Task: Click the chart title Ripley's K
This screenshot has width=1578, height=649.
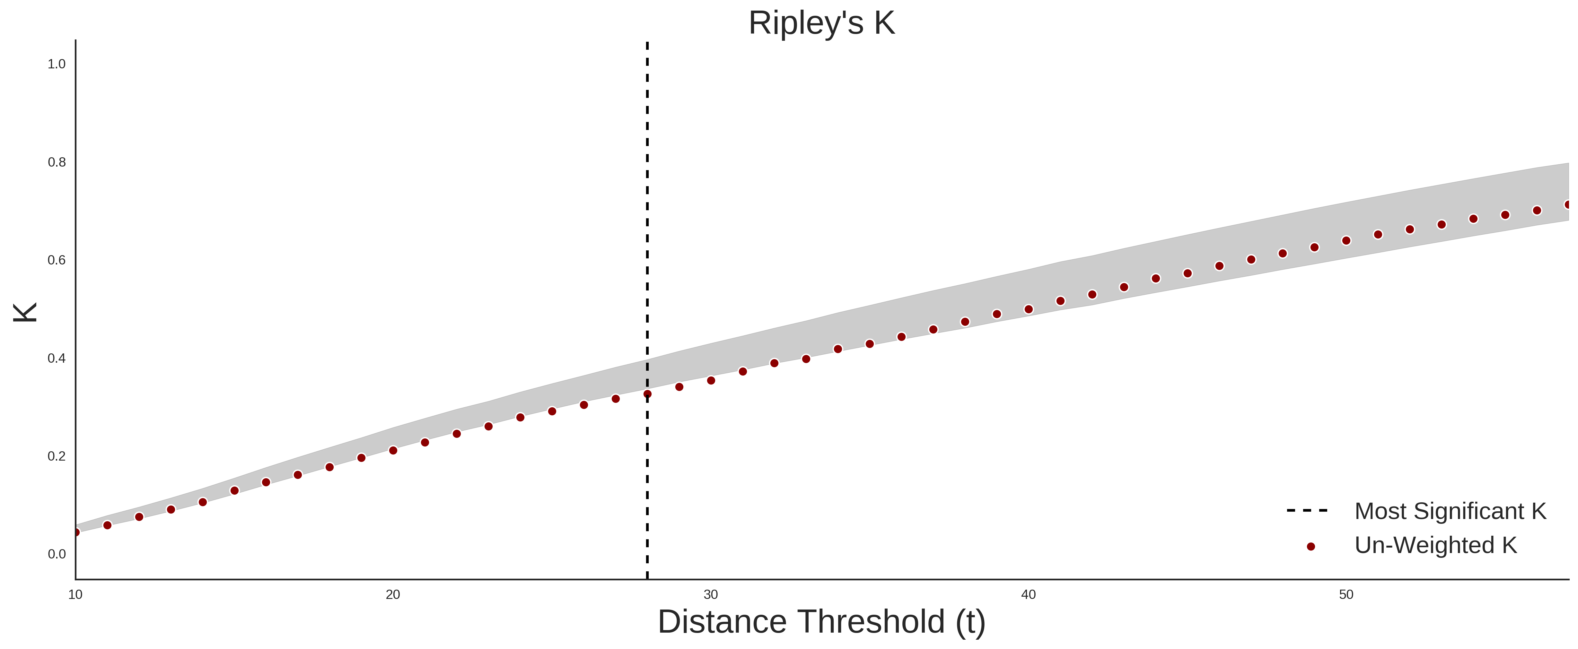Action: click(x=821, y=23)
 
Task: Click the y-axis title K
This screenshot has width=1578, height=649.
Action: click(x=26, y=312)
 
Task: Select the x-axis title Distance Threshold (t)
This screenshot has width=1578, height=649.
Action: click(x=821, y=622)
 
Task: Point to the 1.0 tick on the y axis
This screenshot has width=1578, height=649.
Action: click(x=57, y=64)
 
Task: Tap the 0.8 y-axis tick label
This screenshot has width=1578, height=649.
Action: click(x=57, y=162)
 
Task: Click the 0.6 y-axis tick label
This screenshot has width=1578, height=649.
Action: click(x=57, y=260)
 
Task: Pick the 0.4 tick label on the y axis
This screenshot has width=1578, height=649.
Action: click(x=57, y=358)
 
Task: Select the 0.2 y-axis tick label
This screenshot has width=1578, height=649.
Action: click(x=57, y=456)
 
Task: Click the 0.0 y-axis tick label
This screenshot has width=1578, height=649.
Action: click(x=57, y=554)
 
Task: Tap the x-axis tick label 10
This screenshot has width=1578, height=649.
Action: click(x=75, y=594)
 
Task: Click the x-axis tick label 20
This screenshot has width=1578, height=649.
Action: click(x=393, y=594)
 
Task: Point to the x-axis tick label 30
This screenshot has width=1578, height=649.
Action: click(x=711, y=594)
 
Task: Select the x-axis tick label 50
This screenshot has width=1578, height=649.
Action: click(x=1346, y=594)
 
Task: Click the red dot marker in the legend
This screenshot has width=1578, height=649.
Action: click(x=1310, y=547)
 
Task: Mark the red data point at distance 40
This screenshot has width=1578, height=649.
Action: click(x=1029, y=309)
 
